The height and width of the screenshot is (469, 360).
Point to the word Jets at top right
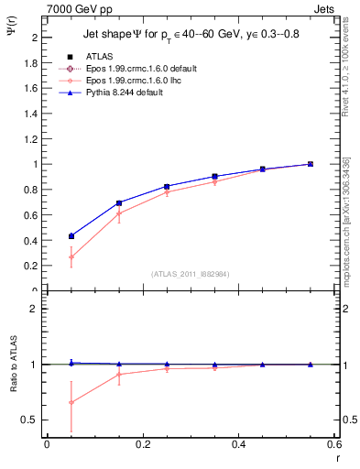tap(325, 8)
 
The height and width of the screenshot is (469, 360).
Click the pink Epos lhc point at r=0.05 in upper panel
tap(71, 256)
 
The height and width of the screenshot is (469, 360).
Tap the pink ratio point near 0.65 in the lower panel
tap(71, 402)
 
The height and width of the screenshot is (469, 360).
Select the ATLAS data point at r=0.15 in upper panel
tap(119, 203)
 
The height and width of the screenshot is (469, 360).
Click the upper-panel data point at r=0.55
tap(311, 164)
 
